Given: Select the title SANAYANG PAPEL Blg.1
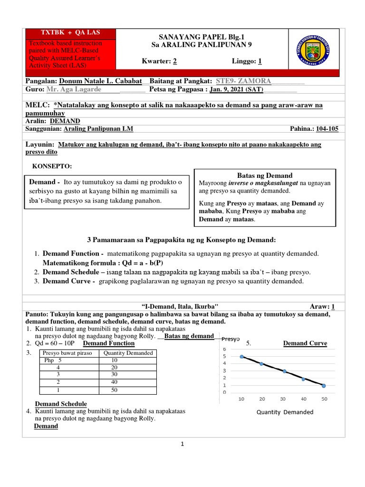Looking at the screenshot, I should tap(196, 37).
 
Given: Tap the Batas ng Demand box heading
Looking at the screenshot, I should tap(265, 175).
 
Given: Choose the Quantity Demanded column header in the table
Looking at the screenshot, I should tap(128, 353).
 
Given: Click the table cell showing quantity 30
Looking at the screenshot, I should tap(115, 374).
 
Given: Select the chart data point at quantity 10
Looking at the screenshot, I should tap(242, 357).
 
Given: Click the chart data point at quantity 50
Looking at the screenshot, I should tap(323, 386).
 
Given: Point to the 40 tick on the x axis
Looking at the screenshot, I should tap(303, 399).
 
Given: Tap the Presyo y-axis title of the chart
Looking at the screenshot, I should tap(230, 339).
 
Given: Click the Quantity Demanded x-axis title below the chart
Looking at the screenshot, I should tap(285, 412).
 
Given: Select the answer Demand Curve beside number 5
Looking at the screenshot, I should tap(305, 343).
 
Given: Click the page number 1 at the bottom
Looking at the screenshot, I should tap(182, 444).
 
